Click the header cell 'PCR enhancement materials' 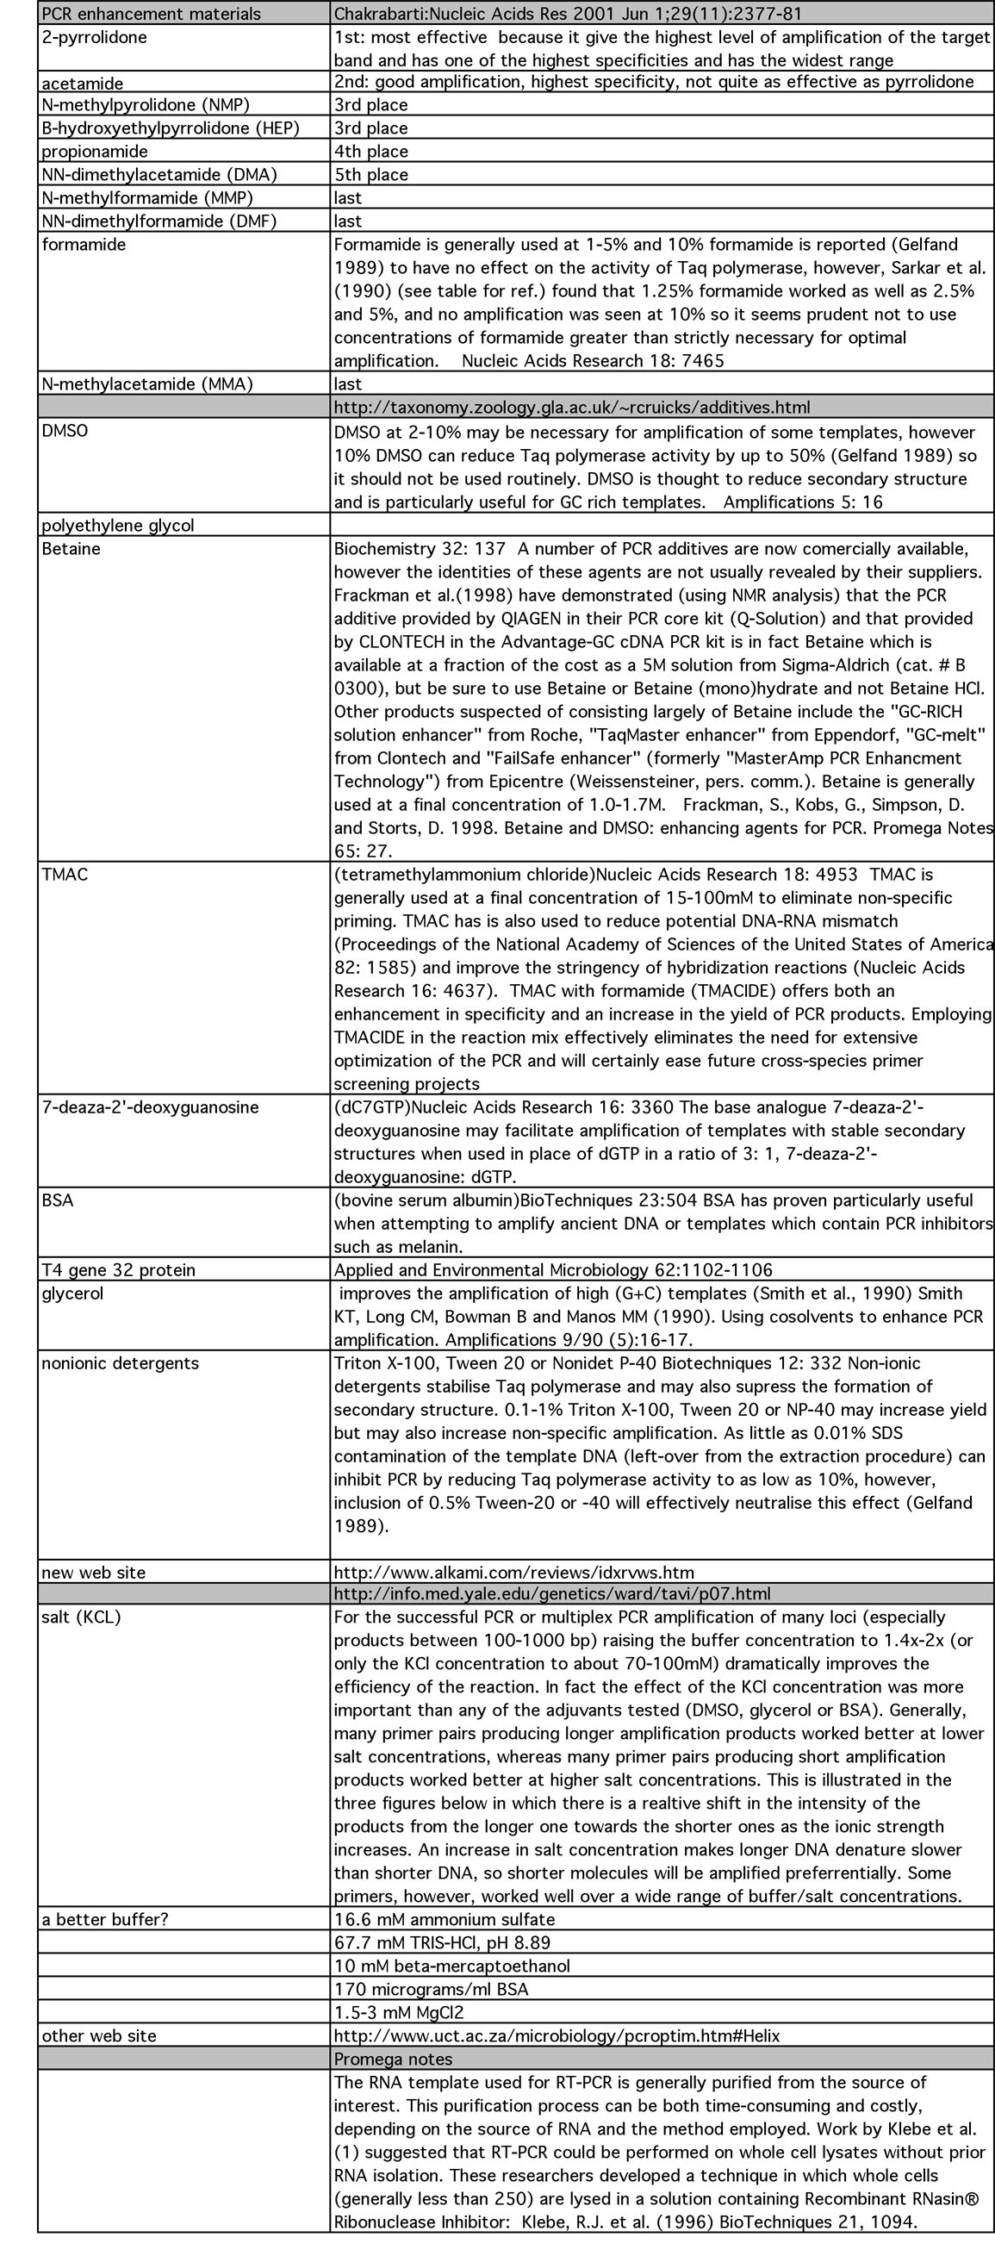coord(151,13)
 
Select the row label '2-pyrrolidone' coord(95,37)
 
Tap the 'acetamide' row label coord(83,84)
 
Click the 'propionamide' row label coord(95,151)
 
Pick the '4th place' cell coord(370,151)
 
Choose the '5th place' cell coord(370,174)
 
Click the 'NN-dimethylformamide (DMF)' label coord(159,221)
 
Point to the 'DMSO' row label coord(65,431)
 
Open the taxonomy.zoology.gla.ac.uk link coord(571,408)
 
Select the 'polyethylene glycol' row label coord(117,526)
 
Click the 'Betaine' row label coord(71,548)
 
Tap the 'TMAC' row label coord(65,874)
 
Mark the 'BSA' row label coord(58,1200)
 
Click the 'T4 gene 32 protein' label coord(118,1270)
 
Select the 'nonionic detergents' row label coord(120,1362)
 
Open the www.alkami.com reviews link coord(513,1572)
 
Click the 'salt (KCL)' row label coord(82,1617)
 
